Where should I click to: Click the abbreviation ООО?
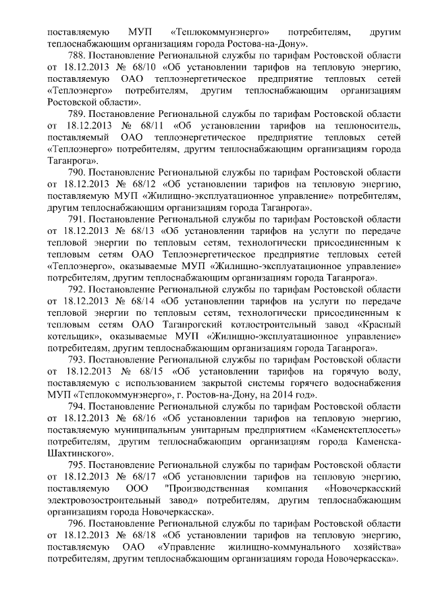138,489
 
